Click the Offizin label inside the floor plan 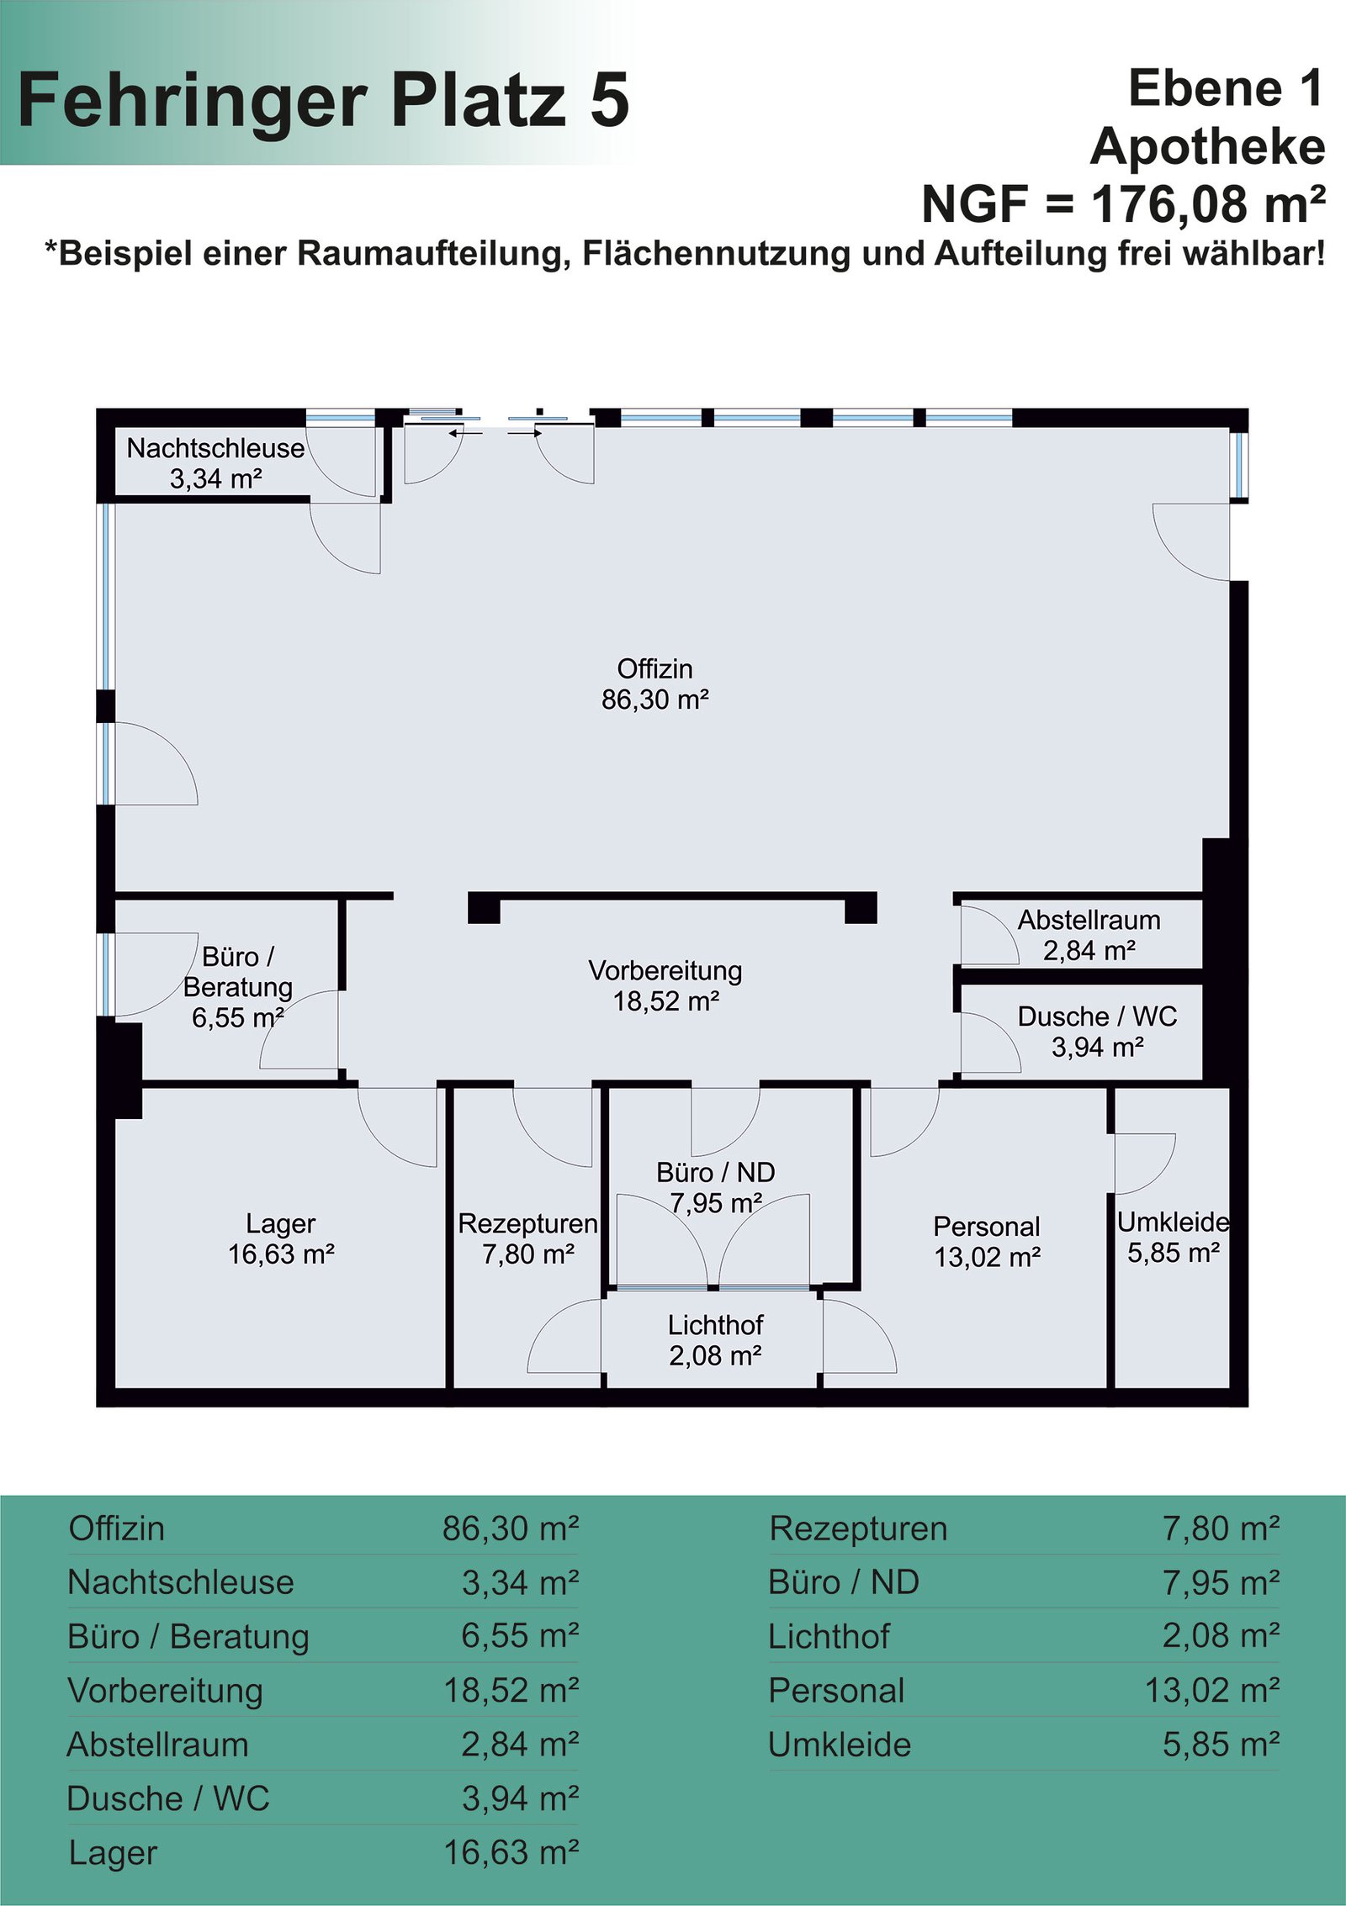point(655,669)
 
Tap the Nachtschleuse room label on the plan point(215,448)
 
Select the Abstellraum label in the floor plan point(1089,920)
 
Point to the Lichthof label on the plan point(716,1325)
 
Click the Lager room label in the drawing point(281,1224)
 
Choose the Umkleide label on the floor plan point(1174,1222)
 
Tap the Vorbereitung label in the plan point(665,971)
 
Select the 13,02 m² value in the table point(1212,1691)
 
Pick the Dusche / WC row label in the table point(168,1799)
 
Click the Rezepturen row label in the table point(858,1529)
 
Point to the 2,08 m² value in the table point(1221,1636)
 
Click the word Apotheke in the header point(1208,147)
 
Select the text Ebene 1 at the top point(1227,88)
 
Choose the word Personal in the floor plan point(987,1227)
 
